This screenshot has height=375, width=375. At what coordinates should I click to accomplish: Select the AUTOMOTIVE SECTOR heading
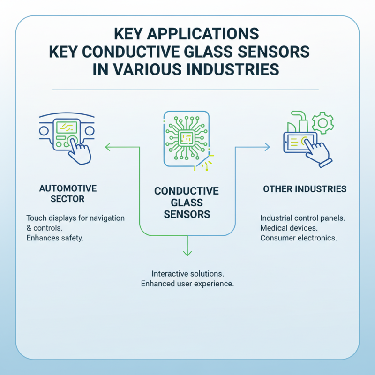pos(67,194)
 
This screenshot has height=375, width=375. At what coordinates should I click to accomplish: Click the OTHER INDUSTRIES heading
pos(305,189)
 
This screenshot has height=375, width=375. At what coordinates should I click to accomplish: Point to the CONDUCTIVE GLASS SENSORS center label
pos(187,203)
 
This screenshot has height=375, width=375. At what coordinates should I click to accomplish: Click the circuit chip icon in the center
pos(186,138)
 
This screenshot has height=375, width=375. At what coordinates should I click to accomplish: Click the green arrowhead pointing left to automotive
pos(107,148)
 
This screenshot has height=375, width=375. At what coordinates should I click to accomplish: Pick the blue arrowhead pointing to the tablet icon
pos(267,147)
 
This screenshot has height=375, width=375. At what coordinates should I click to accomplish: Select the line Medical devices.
pos(289,228)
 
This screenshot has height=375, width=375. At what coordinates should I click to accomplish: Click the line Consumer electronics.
pos(298,238)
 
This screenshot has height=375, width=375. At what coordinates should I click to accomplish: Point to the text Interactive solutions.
pos(187,273)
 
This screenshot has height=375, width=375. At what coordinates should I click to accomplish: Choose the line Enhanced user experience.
pos(187,284)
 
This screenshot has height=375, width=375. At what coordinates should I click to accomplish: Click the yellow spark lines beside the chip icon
pos(207,161)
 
